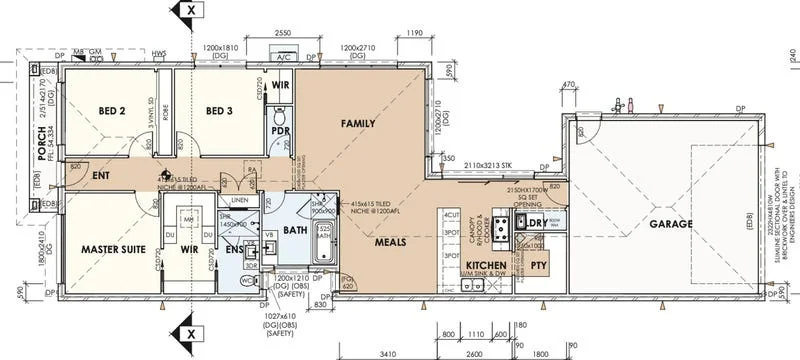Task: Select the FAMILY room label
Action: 358,124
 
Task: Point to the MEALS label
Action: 389,242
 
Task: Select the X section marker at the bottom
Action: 190,333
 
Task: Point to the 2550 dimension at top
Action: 283,33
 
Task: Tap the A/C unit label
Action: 283,59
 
